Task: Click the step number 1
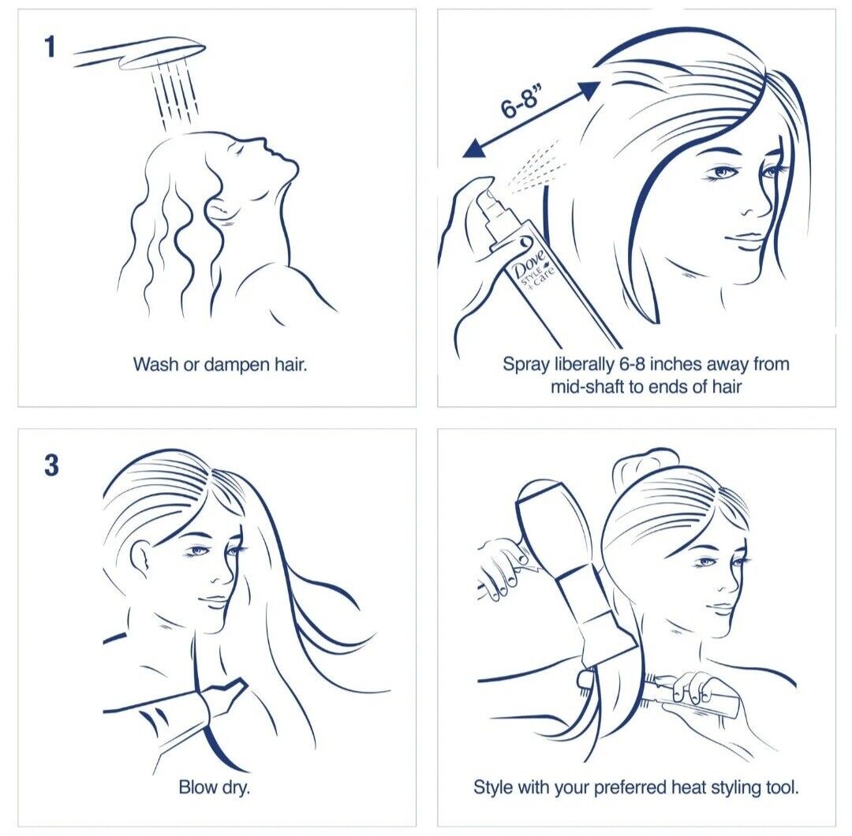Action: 50,47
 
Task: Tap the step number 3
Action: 51,465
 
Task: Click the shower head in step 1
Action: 140,53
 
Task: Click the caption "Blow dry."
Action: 214,787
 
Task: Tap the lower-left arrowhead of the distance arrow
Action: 473,147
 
